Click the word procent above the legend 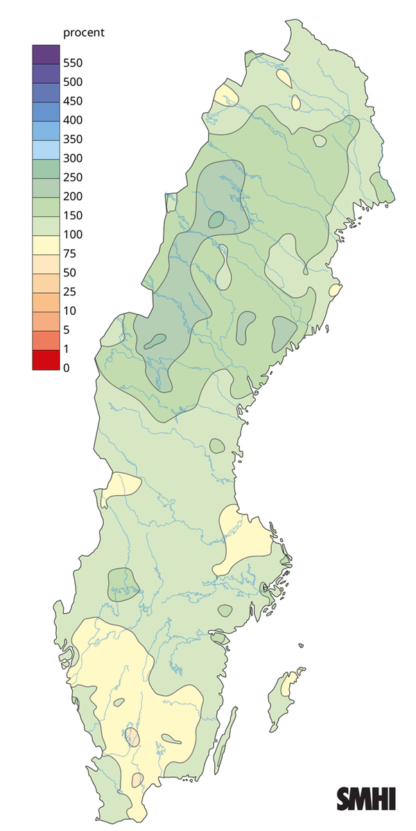click(x=84, y=33)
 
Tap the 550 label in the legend click(x=73, y=63)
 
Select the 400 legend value click(x=73, y=120)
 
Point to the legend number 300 click(x=73, y=158)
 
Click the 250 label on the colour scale click(x=73, y=177)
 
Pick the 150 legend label click(x=73, y=215)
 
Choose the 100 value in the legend click(x=73, y=234)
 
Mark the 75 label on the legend click(x=69, y=253)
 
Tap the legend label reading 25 click(x=69, y=292)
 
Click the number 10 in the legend click(x=69, y=310)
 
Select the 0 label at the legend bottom click(x=67, y=368)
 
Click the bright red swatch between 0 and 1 click(x=44, y=360)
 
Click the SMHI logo click(x=366, y=798)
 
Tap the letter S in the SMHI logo click(x=345, y=798)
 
